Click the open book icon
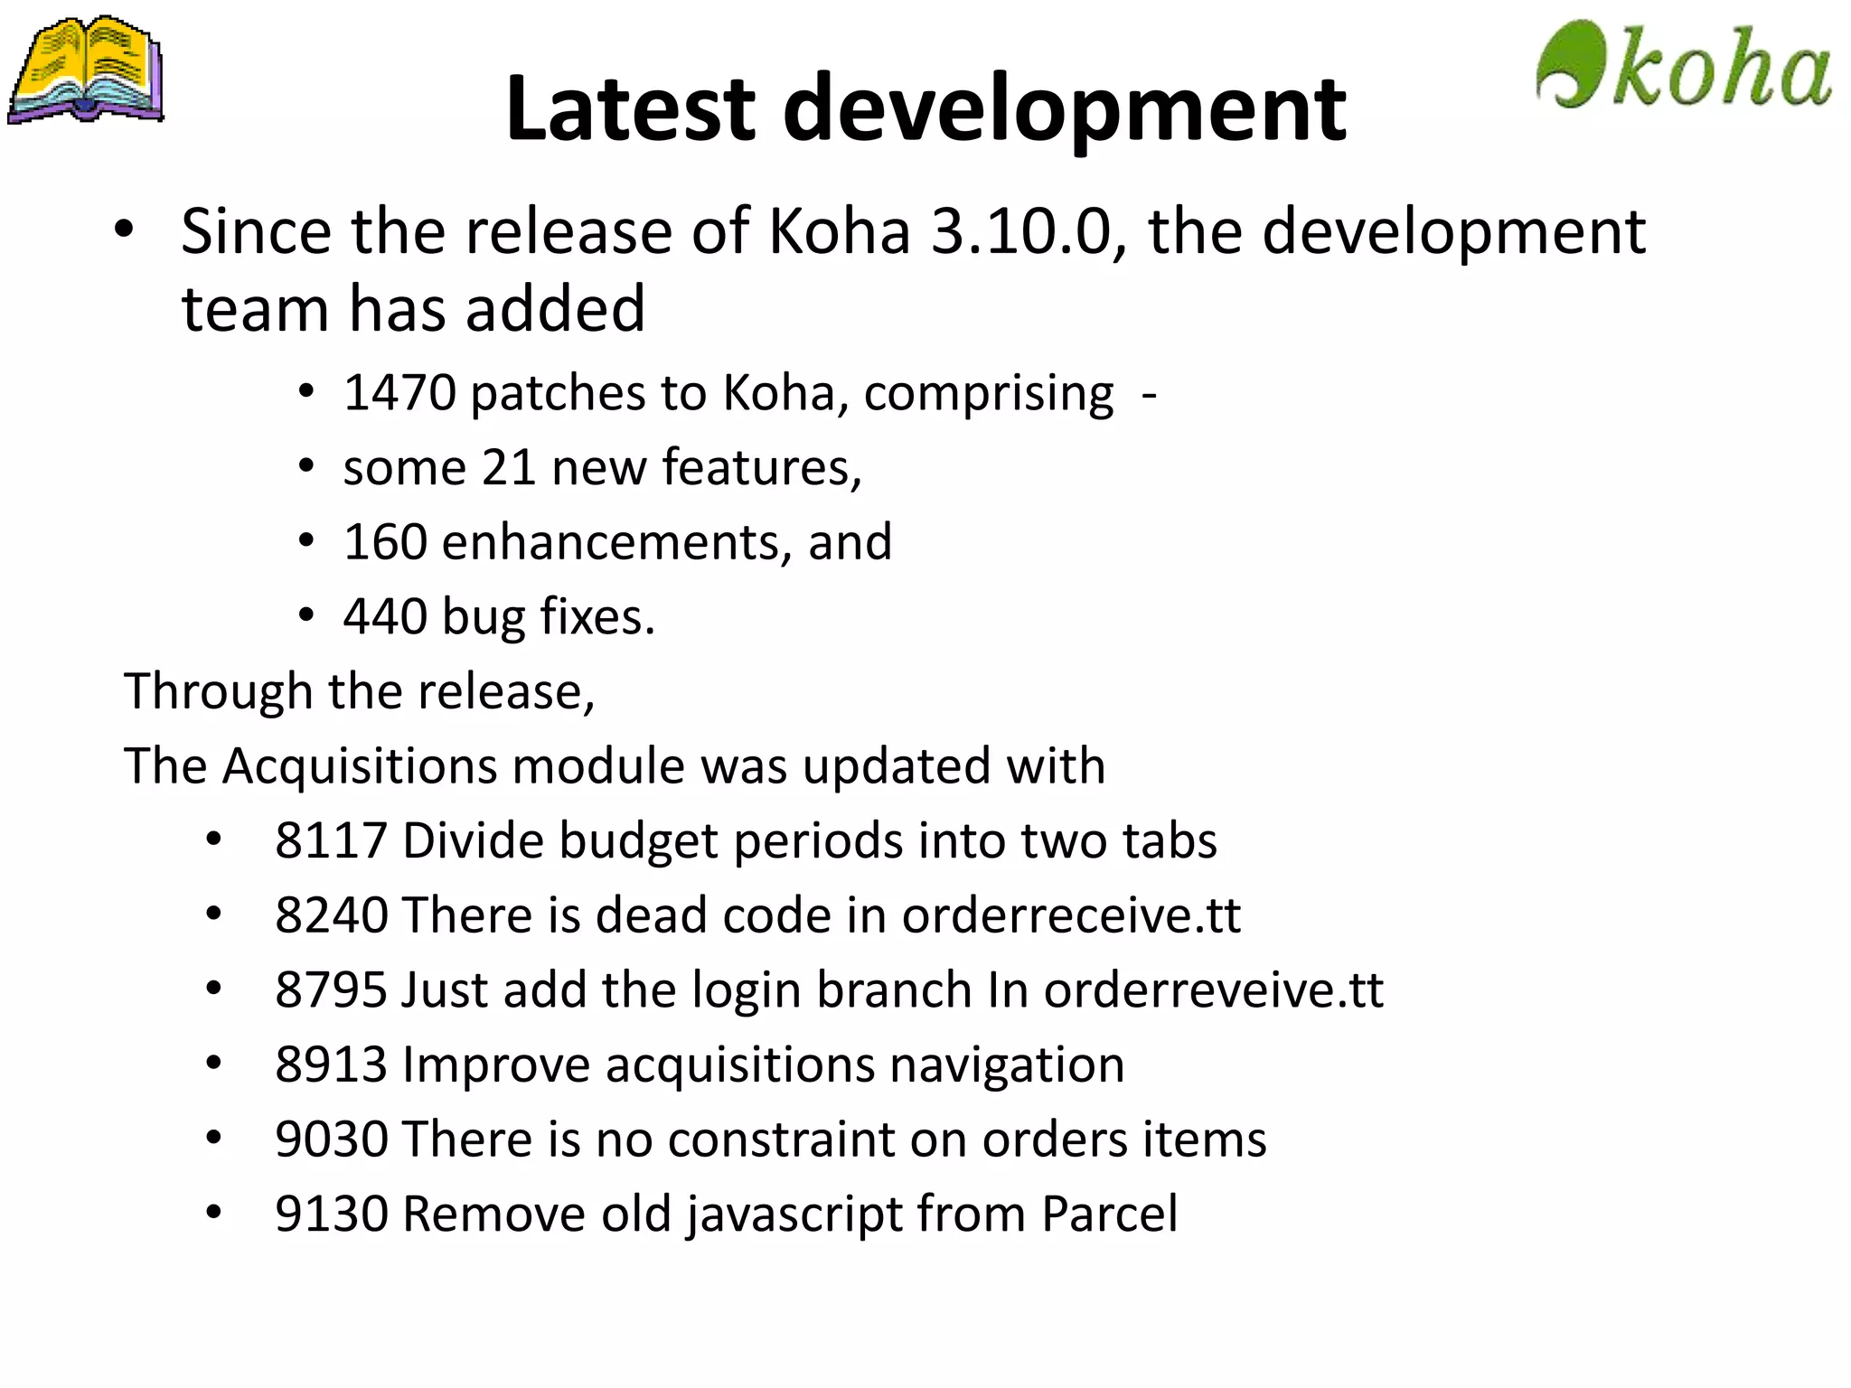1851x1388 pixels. coord(87,70)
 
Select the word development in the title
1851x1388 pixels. coord(1064,110)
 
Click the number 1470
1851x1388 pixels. coord(399,393)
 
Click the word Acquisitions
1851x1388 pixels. coord(359,766)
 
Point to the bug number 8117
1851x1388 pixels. coord(332,840)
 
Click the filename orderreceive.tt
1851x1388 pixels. coord(1071,915)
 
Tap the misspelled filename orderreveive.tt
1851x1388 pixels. coord(1214,989)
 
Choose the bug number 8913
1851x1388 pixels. coord(332,1064)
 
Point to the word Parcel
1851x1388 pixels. coord(1109,1214)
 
